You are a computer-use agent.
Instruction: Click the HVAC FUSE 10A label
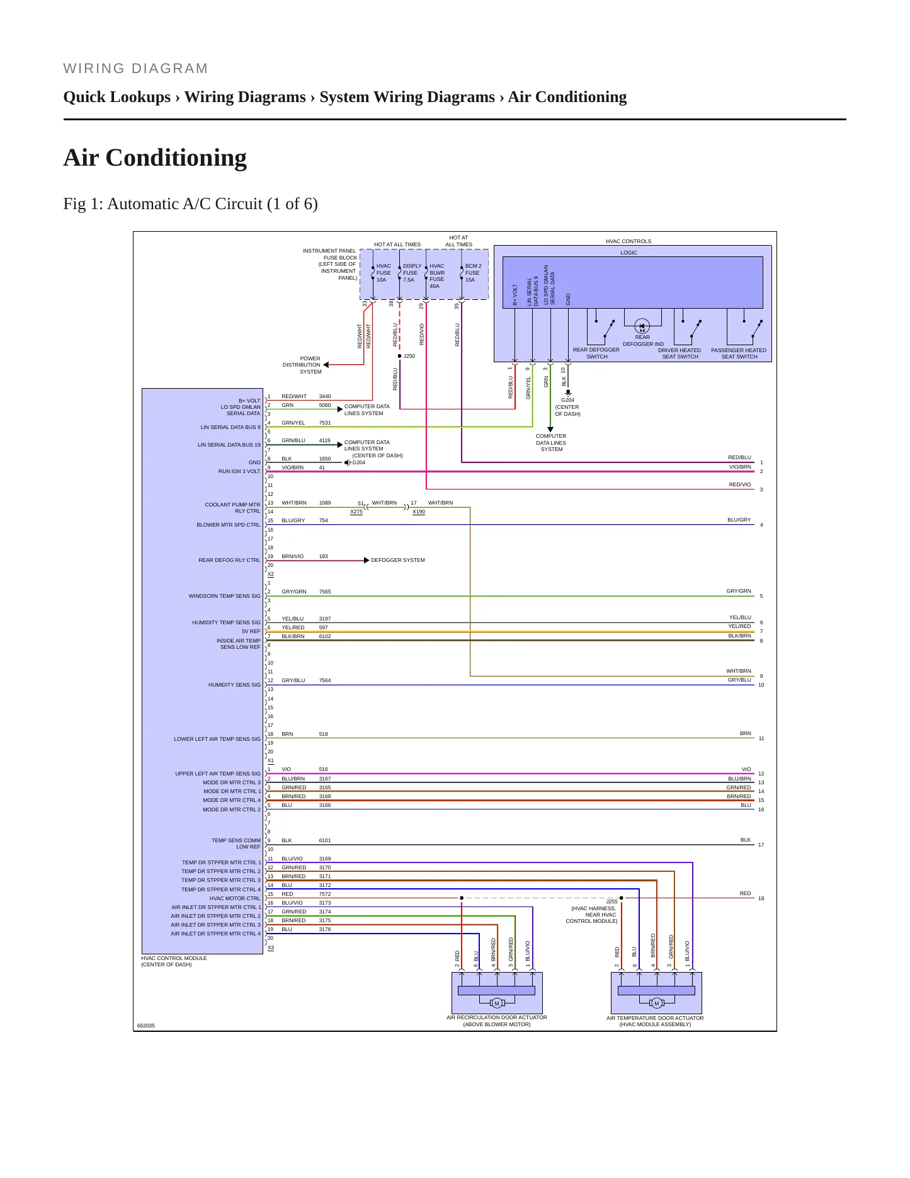pos(384,273)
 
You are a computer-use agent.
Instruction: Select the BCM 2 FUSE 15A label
pos(473,273)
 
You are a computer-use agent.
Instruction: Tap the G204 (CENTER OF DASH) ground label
pos(567,407)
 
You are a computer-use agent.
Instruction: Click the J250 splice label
pos(409,356)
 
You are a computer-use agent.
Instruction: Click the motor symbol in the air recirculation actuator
pos(496,1003)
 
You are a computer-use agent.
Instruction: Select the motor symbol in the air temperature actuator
pos(656,1003)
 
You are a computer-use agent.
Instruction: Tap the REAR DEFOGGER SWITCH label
pos(596,353)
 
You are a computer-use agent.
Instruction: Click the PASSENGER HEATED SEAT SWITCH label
pos(739,353)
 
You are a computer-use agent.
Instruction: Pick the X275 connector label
pos(356,512)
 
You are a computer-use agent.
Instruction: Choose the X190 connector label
pos(419,512)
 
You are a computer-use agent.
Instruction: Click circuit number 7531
pos(325,423)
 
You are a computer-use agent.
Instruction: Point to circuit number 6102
pos(325,636)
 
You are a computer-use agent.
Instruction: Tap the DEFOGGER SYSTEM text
pos(398,560)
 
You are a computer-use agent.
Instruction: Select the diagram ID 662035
pos(146,1026)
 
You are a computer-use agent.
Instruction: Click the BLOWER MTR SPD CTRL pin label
pos(228,525)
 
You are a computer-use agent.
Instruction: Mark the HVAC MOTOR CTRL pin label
pos(235,898)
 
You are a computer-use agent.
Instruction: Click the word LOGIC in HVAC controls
pos(628,253)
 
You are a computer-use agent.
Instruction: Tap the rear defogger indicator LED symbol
pos(642,326)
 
